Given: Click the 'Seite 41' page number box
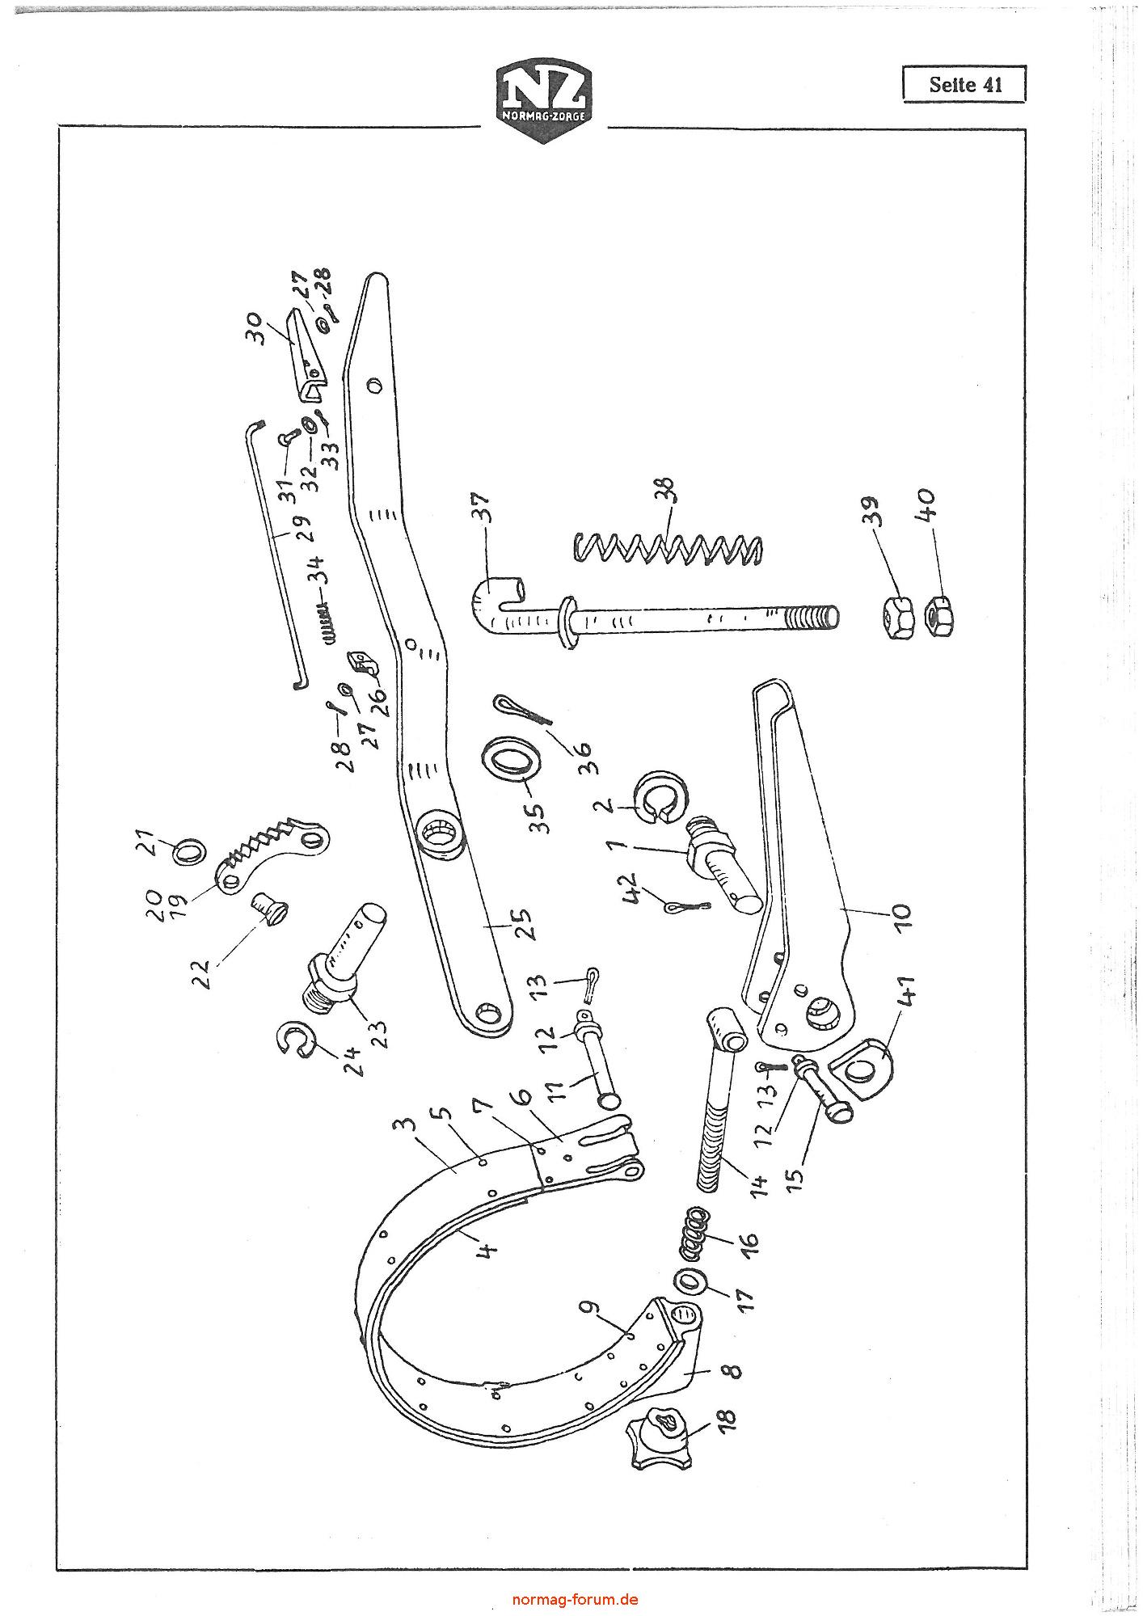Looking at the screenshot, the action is [964, 84].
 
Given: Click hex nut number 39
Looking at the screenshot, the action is [897, 618].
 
